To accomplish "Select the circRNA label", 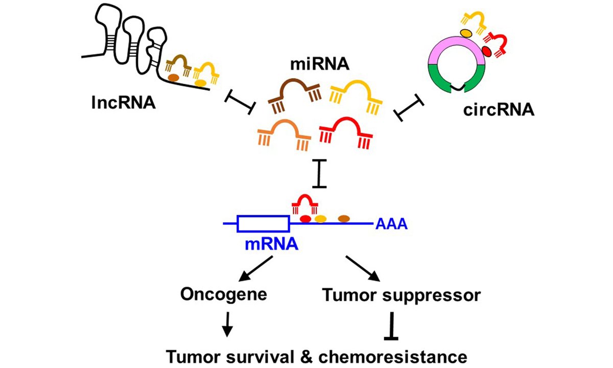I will click(496, 109).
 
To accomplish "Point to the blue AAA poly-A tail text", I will click(392, 224).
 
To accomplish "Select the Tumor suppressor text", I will click(401, 294).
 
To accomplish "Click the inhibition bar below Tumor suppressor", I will click(392, 327).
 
